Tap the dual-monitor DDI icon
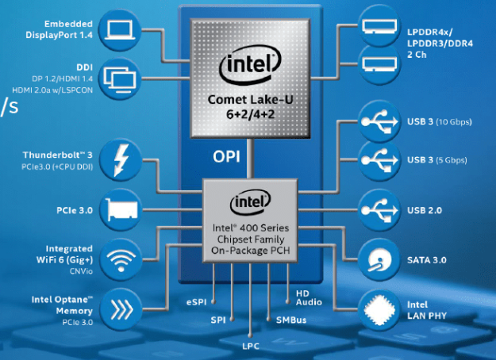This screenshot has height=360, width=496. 121,77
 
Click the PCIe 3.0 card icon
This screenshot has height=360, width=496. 121,210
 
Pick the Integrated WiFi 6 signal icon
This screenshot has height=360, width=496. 121,258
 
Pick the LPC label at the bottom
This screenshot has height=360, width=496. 251,347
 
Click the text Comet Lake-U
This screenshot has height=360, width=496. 249,100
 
